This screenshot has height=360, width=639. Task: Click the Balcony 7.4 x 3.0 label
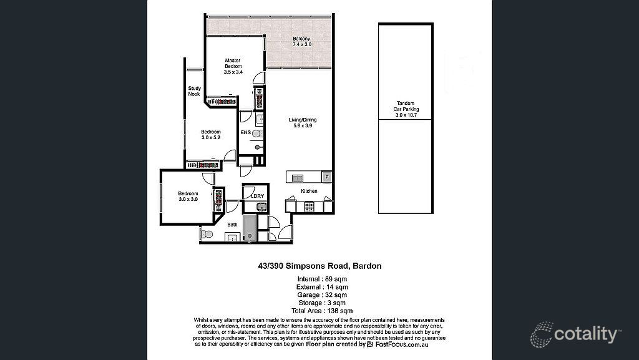pyautogui.click(x=302, y=42)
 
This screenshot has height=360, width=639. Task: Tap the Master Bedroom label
pyautogui.click(x=233, y=66)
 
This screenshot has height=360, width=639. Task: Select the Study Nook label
pyautogui.click(x=194, y=91)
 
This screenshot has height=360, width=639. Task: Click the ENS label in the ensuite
pyautogui.click(x=245, y=133)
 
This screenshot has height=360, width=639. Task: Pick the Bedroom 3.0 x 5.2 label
pyautogui.click(x=210, y=135)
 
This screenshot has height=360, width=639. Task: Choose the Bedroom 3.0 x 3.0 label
pyautogui.click(x=188, y=196)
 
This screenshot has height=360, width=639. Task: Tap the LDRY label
pyautogui.click(x=257, y=196)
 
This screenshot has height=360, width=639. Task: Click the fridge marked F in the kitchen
pyautogui.click(x=326, y=177)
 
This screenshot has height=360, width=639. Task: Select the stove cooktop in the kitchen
pyautogui.click(x=308, y=205)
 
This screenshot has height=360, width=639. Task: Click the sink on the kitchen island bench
pyautogui.click(x=297, y=178)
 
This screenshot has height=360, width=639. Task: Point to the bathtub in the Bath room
pyautogui.click(x=249, y=229)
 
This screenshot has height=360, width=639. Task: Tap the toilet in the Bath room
pyautogui.click(x=207, y=235)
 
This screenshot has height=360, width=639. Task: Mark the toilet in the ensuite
pyautogui.click(x=259, y=134)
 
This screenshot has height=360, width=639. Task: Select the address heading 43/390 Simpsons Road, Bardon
pyautogui.click(x=319, y=266)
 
